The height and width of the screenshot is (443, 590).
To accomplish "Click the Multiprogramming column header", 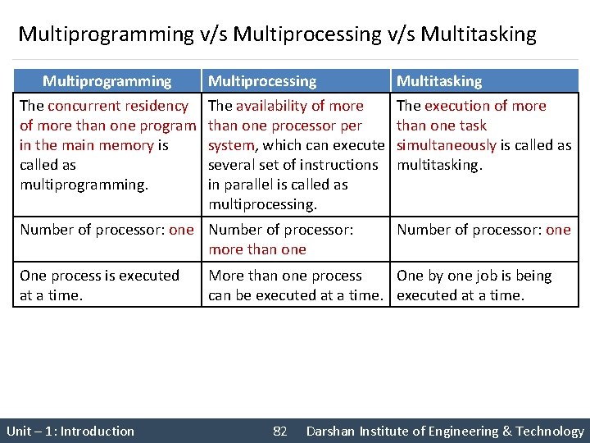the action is coord(107,81).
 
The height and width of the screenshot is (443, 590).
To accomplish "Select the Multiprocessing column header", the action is coord(262,81).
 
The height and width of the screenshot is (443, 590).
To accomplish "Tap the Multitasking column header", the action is coord(439,81).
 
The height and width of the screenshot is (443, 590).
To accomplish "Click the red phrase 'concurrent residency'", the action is coord(118,106).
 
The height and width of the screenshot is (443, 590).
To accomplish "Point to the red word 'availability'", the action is coord(271,106).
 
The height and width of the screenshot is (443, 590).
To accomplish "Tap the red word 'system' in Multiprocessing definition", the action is coord(233,145).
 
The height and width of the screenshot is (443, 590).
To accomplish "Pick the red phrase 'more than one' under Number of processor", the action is coord(257,249).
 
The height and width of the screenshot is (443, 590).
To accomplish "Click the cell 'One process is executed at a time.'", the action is coord(99,285).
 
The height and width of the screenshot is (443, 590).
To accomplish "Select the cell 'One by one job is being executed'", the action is coord(474,285).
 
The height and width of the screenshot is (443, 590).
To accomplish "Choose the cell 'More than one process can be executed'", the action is coord(295,285).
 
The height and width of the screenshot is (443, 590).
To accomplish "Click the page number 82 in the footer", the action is coord(279,432).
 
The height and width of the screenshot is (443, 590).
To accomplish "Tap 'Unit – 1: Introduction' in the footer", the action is coord(70,432).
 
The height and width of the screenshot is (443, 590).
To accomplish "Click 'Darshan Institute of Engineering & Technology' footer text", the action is coord(445,432).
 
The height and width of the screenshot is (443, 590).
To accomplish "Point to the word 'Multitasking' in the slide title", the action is coord(479,34).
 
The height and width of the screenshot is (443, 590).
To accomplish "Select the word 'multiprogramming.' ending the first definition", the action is coord(84,185).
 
